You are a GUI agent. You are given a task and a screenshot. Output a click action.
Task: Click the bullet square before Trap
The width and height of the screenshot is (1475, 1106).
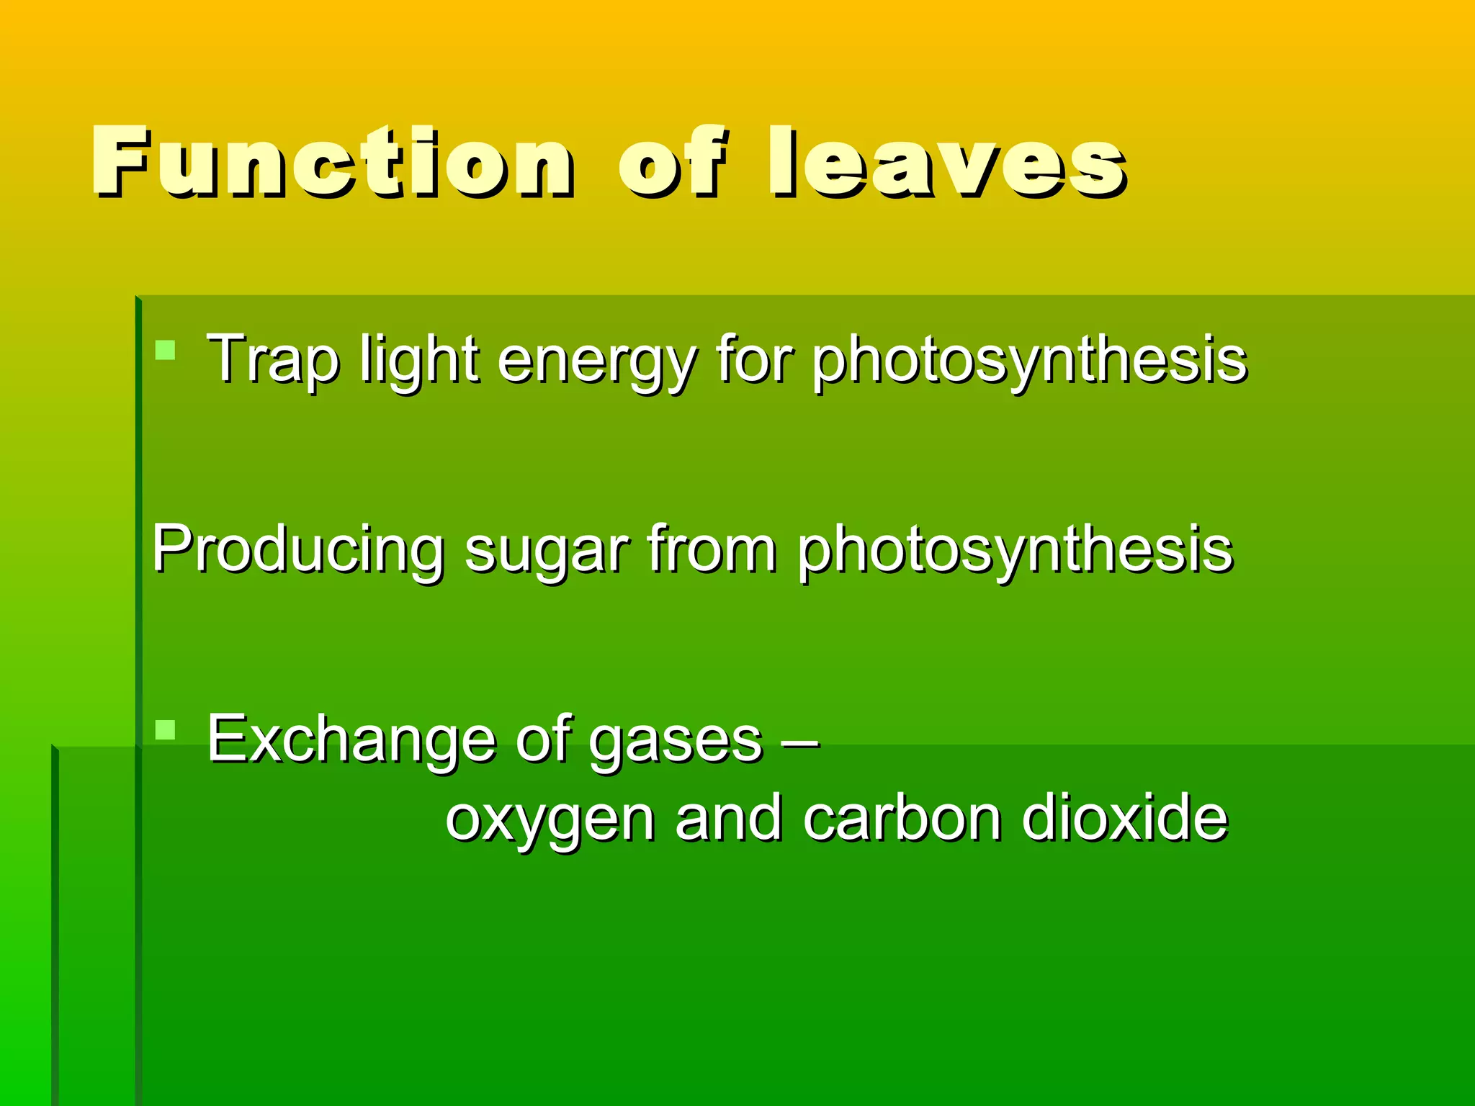click(x=166, y=351)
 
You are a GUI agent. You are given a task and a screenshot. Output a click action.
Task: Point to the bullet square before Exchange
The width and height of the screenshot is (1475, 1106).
click(x=166, y=730)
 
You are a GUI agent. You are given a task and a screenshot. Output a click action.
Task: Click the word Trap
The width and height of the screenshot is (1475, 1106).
click(x=272, y=359)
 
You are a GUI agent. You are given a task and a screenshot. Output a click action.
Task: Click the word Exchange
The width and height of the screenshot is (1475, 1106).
click(x=351, y=739)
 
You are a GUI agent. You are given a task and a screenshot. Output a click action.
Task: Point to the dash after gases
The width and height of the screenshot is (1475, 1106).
click(x=800, y=740)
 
